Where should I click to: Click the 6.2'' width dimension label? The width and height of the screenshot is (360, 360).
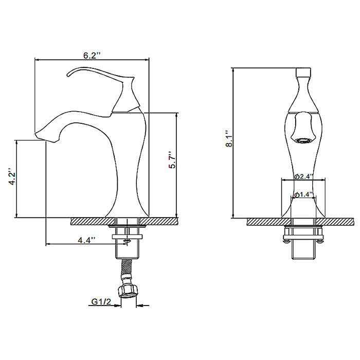tap(92, 56)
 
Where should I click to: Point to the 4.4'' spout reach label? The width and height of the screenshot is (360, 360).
tap(86, 240)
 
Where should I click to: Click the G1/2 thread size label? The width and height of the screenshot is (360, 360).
tap(101, 302)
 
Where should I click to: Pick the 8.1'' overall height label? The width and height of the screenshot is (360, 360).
tap(229, 139)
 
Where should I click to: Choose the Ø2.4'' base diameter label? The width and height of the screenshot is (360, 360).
tap(304, 176)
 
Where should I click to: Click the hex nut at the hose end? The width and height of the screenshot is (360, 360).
tap(128, 292)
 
